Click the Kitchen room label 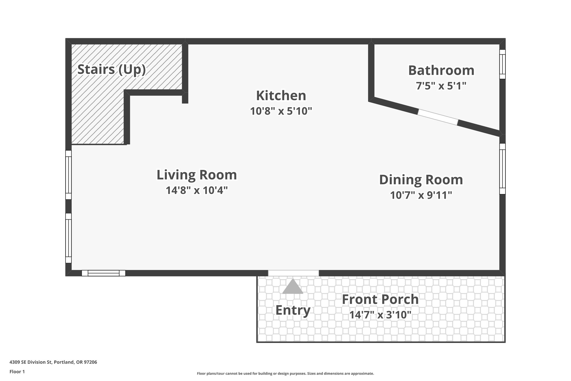[281, 96]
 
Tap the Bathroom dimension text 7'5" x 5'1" [441, 86]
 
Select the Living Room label [197, 175]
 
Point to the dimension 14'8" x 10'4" [197, 190]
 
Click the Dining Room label [421, 180]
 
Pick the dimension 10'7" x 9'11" [421, 195]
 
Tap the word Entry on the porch [293, 310]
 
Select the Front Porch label [380, 299]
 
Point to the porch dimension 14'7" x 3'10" [380, 315]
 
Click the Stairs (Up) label [112, 69]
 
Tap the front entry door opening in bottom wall [293, 273]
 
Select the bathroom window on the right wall [502, 64]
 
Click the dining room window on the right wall [502, 169]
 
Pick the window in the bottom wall [103, 273]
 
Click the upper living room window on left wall [68, 175]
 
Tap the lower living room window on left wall [68, 238]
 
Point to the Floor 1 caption [17, 372]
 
